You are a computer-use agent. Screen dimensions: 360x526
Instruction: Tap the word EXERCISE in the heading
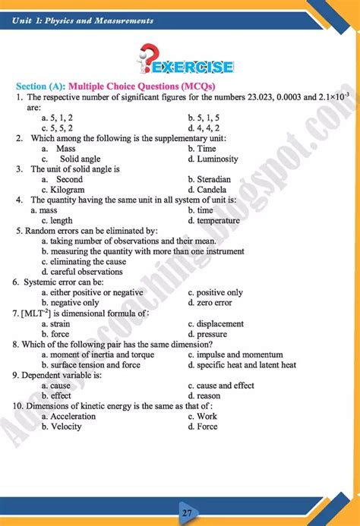(194, 67)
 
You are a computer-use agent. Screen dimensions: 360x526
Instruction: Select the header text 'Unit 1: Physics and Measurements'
(83, 20)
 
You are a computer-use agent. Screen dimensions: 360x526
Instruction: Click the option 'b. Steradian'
(211, 180)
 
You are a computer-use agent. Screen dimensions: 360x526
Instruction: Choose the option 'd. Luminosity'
(213, 159)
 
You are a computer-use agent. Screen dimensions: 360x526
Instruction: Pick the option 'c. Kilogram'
(63, 190)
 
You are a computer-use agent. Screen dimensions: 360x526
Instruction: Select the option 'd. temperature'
(213, 221)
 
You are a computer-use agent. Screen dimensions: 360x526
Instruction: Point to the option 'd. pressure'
(207, 334)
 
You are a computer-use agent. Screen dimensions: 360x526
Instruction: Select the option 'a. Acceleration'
(68, 416)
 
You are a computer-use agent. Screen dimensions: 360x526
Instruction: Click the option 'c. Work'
(202, 416)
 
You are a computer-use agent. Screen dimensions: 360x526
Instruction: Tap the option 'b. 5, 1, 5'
(204, 118)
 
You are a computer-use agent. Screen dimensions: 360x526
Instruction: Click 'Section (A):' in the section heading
(42, 86)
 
